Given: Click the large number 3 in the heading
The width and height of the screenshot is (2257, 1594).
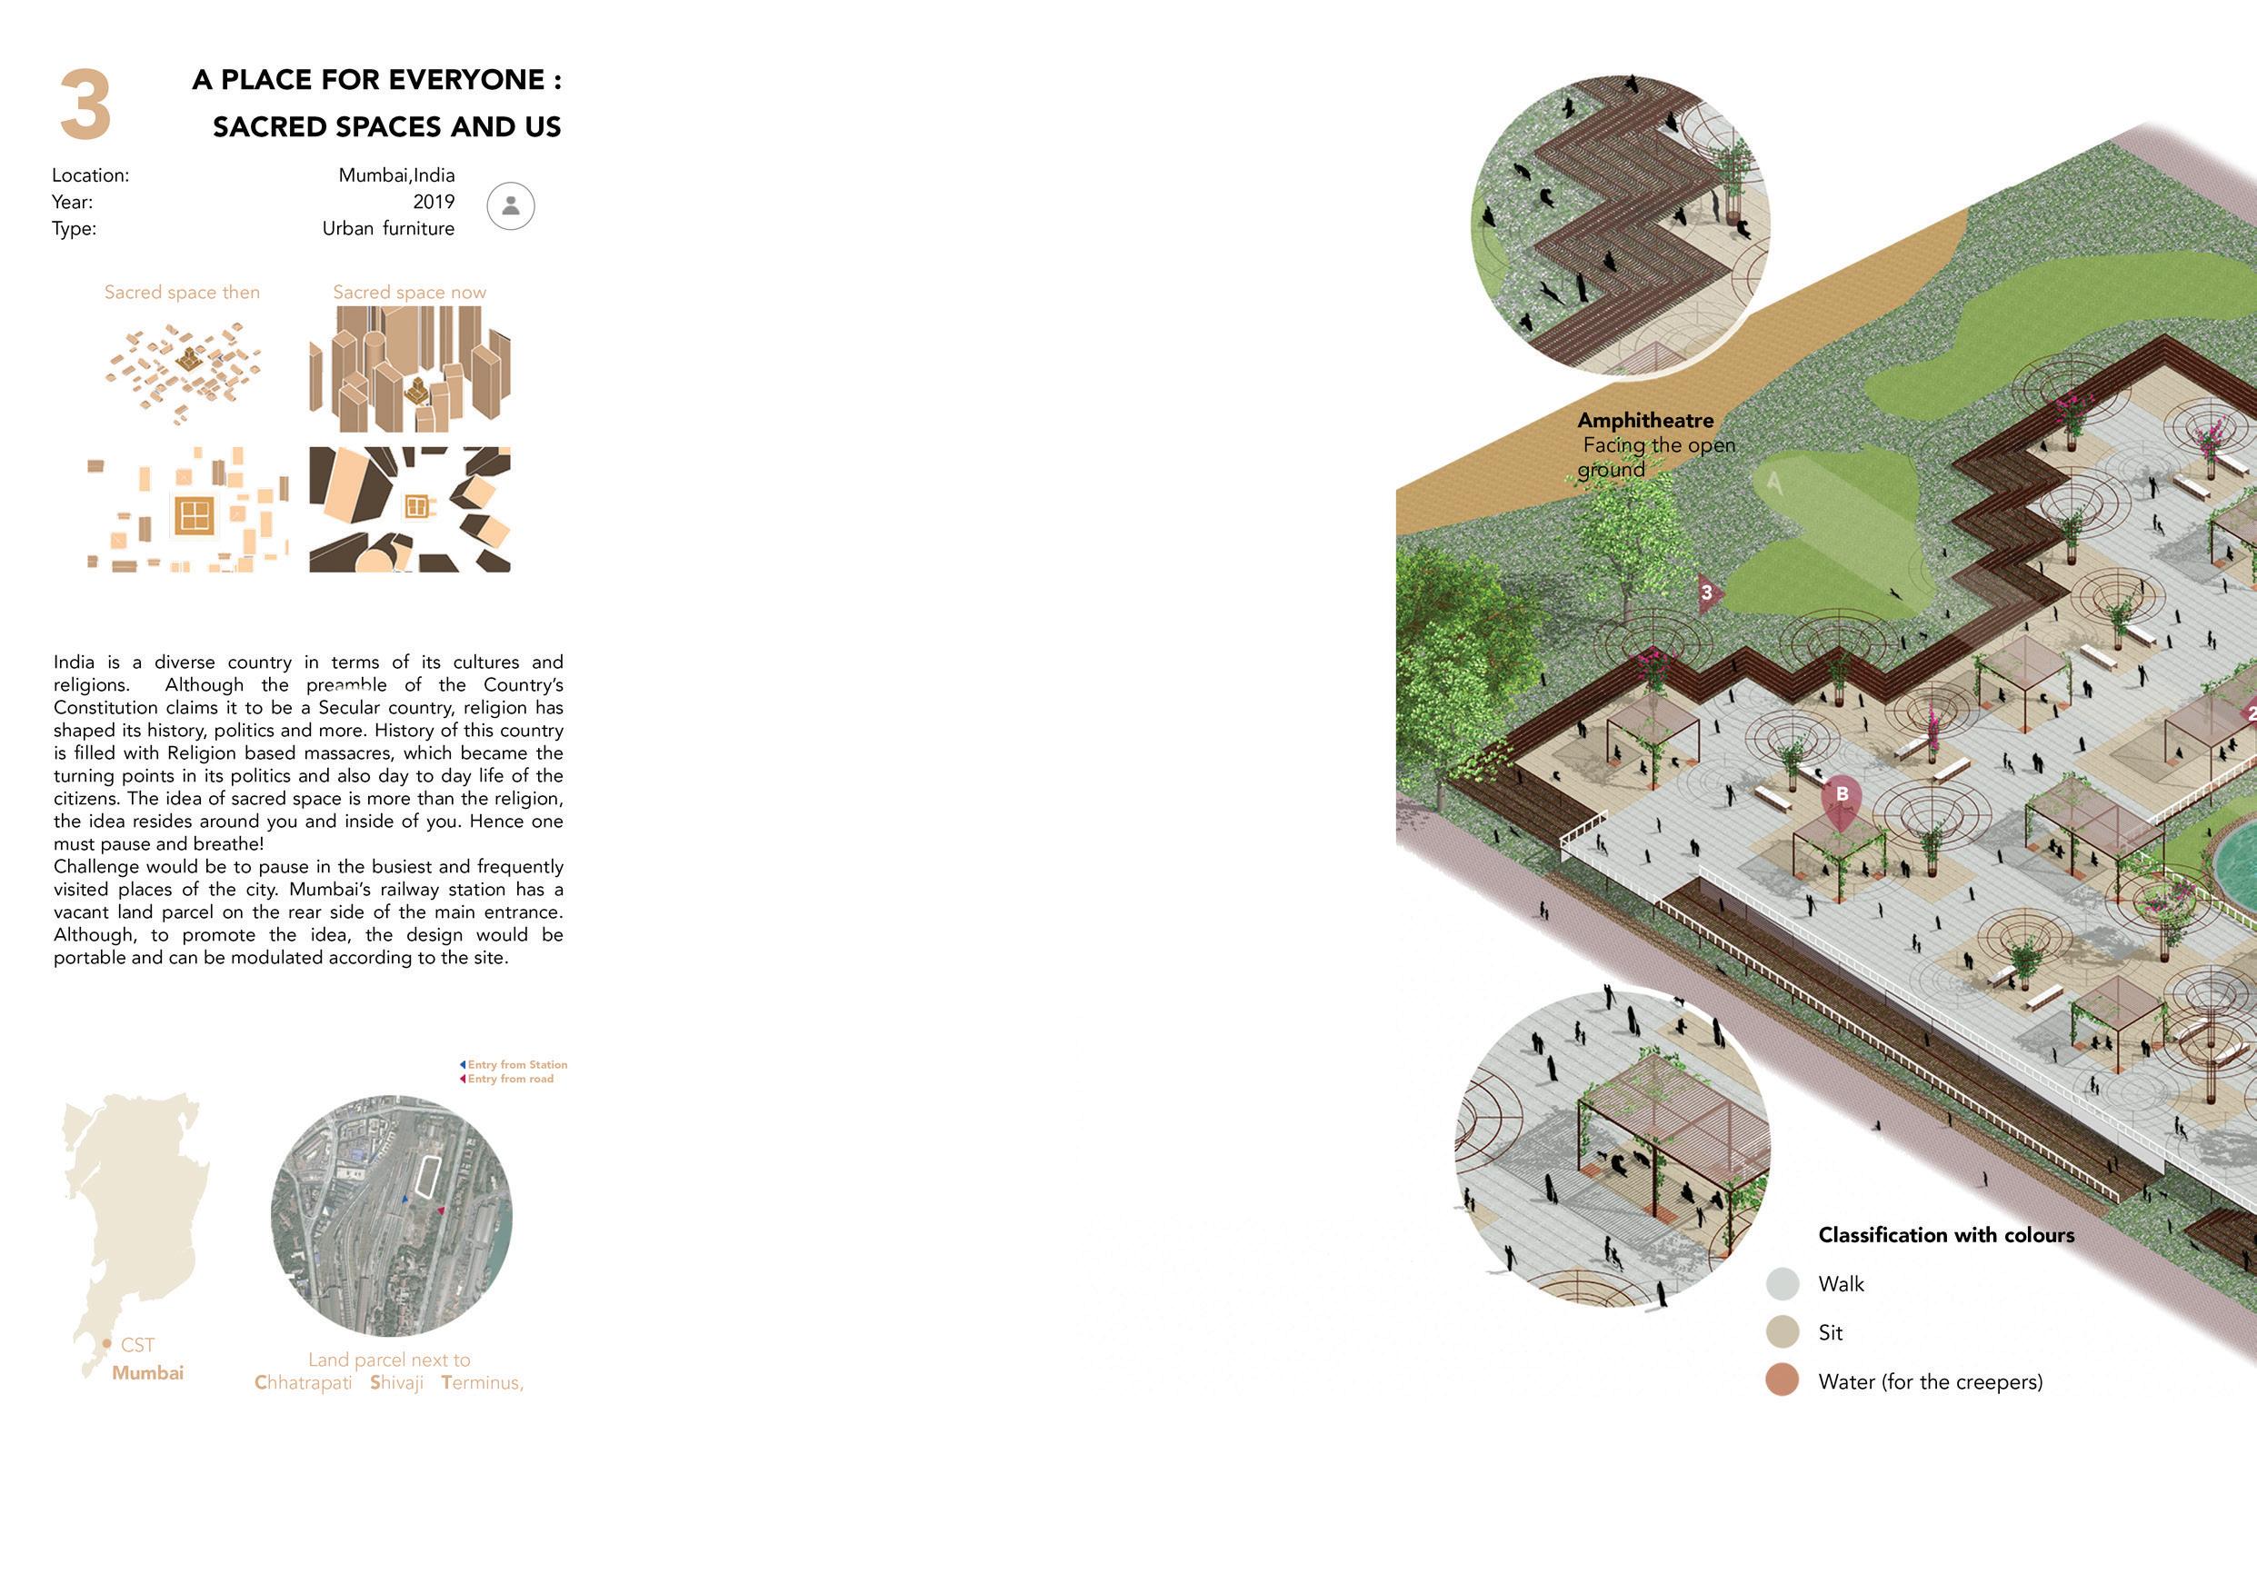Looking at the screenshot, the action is coord(85,105).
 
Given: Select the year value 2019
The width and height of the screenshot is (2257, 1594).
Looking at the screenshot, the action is coord(434,202).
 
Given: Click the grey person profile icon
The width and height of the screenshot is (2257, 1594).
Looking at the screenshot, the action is coord(510,206).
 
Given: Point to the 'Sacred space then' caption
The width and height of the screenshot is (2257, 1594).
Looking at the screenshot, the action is coord(182,292).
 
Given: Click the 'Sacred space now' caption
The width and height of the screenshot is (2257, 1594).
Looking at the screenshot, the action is coord(409,292).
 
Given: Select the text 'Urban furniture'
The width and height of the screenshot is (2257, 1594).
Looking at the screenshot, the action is coord(388,228).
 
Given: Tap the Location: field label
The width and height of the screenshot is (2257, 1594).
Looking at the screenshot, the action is coord(90,174).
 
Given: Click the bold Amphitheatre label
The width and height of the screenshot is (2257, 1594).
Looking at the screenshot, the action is coord(1644,421).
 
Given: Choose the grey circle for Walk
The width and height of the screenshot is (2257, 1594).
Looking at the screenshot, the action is coord(1783,1283).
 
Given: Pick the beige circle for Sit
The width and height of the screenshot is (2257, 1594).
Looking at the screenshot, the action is coord(1783,1332).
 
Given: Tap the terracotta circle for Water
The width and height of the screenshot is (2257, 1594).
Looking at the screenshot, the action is coord(1783,1380).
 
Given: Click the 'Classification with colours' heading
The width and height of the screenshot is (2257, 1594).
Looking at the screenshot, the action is coord(1945,1235).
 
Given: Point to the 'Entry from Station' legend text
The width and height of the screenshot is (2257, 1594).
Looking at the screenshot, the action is coord(517,1064).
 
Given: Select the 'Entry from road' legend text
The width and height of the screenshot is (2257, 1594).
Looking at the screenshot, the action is coord(510,1079).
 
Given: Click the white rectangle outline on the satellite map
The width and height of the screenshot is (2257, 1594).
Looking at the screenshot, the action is coord(427,1176).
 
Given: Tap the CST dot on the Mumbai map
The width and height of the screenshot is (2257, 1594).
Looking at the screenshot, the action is coord(106,1343).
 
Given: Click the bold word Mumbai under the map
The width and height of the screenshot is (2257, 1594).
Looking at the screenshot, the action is coord(147,1373).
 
